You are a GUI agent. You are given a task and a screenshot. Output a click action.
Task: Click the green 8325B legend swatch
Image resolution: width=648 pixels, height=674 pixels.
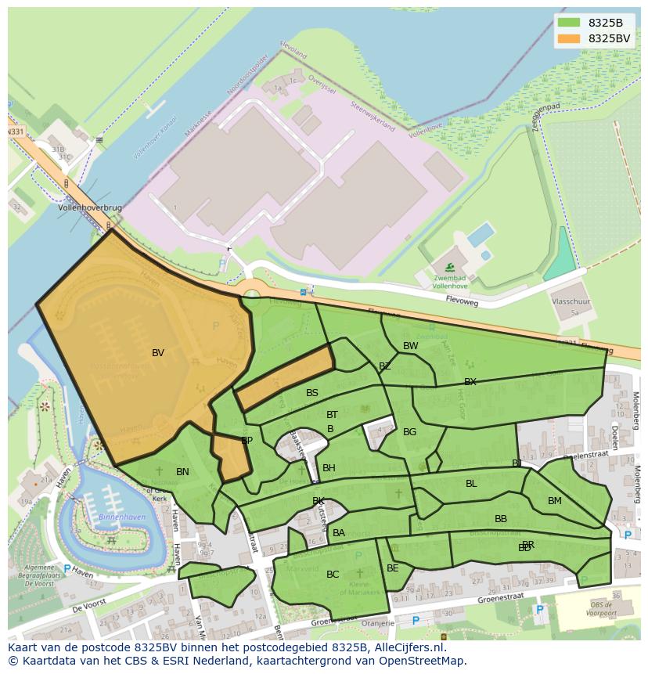pos(569,23)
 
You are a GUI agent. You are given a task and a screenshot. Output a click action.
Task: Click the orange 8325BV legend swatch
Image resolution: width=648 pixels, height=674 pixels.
pos(569,38)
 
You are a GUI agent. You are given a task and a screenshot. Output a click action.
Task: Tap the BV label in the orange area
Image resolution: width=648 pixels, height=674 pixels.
pos(158,353)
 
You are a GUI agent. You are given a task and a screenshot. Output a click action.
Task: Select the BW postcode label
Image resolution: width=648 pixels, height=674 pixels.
pos(411,346)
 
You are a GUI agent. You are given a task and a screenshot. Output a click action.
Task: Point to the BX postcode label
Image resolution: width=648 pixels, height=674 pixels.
pos(470,382)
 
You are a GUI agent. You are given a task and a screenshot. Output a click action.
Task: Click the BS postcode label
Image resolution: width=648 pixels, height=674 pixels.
pos(312,393)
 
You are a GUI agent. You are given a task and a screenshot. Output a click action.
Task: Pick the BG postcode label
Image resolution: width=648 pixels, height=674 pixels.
pos(410,432)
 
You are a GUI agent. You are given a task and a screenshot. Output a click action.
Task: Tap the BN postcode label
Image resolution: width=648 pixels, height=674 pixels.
pos(182,472)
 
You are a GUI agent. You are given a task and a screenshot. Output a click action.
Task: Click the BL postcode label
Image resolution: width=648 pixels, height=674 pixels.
pos(471,484)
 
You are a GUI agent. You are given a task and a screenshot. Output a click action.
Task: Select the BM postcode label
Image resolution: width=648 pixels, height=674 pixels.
pos(555,501)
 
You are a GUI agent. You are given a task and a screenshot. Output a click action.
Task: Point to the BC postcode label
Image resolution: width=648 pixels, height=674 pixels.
pos(333,575)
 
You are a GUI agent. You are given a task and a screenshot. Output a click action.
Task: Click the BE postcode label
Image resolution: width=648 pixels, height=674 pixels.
pos(393,568)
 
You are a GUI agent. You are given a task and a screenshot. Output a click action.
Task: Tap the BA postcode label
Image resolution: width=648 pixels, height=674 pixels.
pos(339,533)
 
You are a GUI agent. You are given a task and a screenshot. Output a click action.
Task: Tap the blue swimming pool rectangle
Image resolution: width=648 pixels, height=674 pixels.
pos(481,234)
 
